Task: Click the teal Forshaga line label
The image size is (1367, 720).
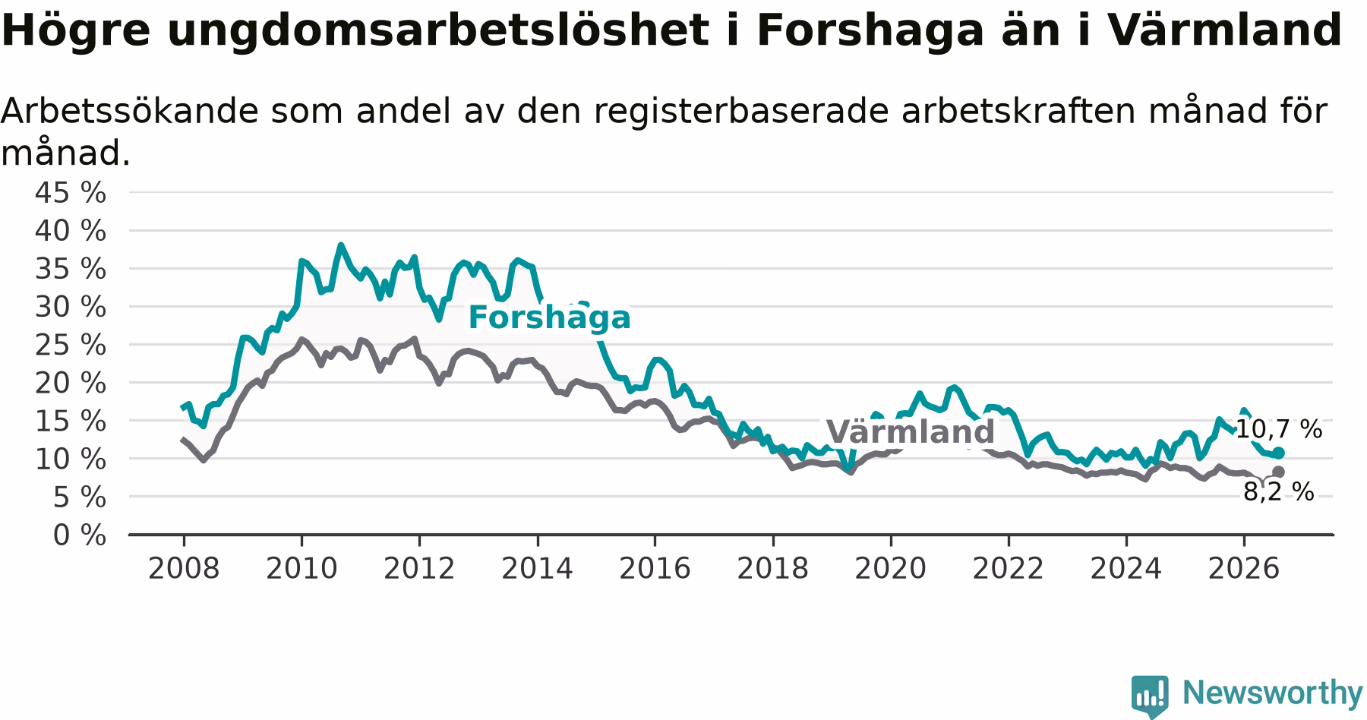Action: coord(549,318)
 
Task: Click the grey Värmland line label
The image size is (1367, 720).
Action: coord(911,432)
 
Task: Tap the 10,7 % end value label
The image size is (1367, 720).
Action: coord(1279,429)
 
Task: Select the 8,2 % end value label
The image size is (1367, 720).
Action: coord(1279,492)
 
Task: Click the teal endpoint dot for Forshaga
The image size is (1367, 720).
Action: coord(1279,453)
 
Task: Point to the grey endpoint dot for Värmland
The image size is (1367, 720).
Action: coord(1279,472)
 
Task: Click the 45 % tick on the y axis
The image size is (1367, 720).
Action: coord(71,193)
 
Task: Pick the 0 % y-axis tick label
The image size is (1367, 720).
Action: coord(80,535)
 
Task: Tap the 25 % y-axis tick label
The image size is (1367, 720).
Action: coord(71,346)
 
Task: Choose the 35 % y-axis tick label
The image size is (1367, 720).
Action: coord(71,269)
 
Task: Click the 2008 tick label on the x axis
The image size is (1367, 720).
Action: coord(184,568)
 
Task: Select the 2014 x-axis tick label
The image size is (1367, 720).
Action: coord(537,568)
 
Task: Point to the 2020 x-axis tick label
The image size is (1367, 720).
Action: coord(891,568)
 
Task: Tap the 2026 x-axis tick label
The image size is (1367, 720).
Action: coord(1244,568)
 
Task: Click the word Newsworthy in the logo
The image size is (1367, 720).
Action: coord(1273,693)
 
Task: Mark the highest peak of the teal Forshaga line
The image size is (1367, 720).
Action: coord(341,245)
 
